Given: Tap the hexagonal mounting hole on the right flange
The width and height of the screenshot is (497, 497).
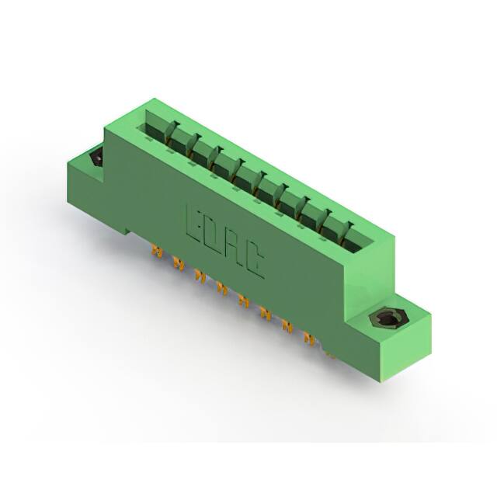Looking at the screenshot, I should pos(384,319).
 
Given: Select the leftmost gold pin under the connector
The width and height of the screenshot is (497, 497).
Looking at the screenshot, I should pos(158,252).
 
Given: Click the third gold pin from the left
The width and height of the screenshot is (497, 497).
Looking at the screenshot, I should pos(200,276).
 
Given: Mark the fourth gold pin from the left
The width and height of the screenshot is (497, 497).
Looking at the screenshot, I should pos(222,289).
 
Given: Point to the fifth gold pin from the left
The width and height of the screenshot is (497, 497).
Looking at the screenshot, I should pos(244,301).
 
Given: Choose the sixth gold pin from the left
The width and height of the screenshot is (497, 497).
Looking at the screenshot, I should pos(266,314).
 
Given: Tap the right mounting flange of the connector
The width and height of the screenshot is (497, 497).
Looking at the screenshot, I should pos(396,334).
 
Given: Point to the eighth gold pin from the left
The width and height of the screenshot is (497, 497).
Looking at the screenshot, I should pos(310,338).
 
